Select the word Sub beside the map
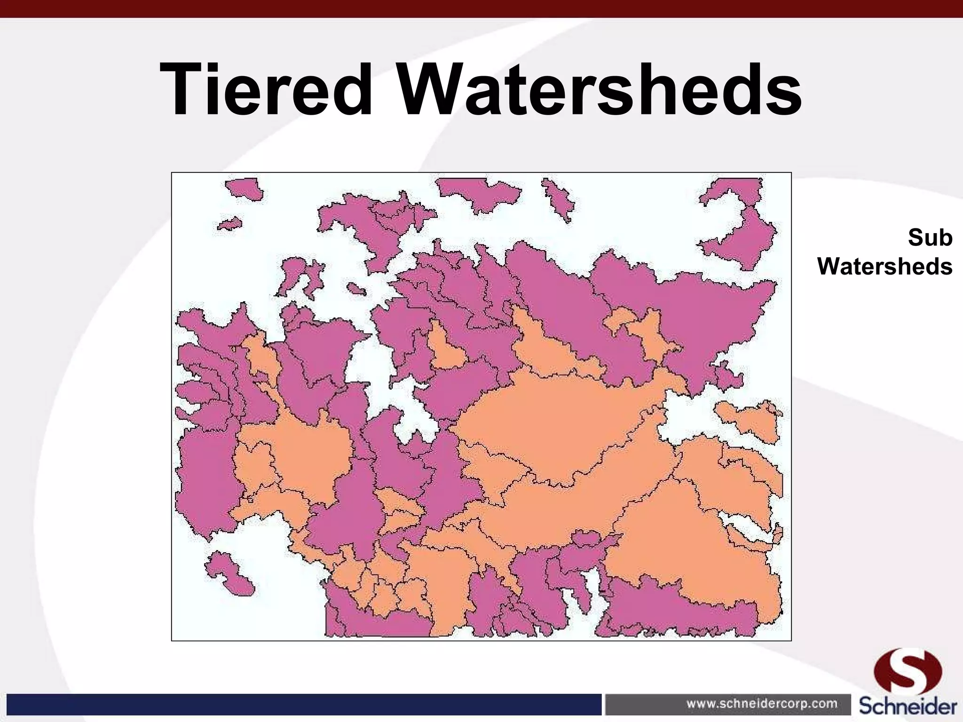[x=930, y=238]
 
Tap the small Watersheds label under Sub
[x=884, y=267]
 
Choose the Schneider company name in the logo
[x=908, y=706]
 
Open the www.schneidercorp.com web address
[x=762, y=704]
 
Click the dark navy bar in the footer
[x=301, y=704]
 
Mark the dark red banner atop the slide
[x=481, y=8]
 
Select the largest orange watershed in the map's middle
[x=555, y=423]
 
